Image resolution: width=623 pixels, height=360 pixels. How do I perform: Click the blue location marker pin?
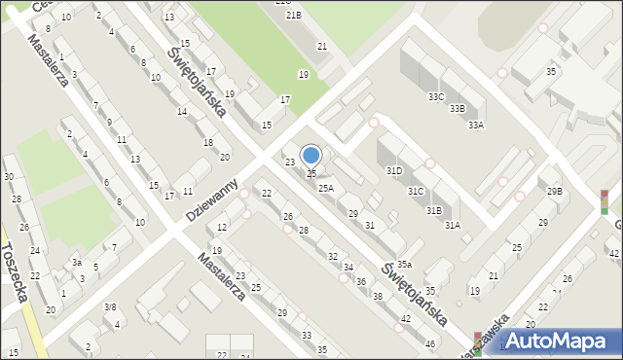(311, 155)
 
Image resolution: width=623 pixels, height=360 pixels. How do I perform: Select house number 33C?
(436, 96)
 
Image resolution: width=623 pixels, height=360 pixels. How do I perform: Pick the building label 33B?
(457, 108)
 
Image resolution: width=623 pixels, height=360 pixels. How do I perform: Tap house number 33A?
(476, 125)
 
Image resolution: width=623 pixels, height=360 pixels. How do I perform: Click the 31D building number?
(394, 170)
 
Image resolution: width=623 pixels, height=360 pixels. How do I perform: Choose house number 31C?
(416, 191)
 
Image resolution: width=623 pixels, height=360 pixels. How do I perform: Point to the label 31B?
(433, 209)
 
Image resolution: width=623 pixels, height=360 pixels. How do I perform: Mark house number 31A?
(453, 225)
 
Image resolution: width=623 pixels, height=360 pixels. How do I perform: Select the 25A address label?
(326, 188)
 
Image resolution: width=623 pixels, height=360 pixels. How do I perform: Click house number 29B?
(554, 191)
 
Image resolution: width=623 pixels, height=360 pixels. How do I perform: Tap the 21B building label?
(293, 15)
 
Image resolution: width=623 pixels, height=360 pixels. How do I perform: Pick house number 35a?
(403, 264)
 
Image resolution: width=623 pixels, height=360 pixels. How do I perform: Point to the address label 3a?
(76, 262)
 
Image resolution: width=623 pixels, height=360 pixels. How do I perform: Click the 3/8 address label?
(110, 307)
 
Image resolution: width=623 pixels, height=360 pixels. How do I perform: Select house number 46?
(430, 344)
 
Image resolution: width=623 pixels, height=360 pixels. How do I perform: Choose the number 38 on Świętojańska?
(378, 296)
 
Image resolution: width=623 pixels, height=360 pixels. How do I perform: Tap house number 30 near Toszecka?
(9, 176)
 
